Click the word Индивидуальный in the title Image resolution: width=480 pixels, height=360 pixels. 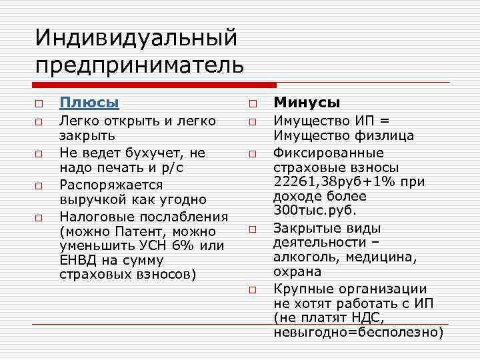(136, 37)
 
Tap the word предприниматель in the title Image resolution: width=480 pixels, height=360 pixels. (140, 66)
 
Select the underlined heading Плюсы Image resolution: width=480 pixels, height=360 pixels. (89, 103)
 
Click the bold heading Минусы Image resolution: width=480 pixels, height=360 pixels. (307, 103)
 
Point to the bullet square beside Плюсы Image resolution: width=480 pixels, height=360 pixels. (40, 104)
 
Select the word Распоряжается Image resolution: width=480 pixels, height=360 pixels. (111, 184)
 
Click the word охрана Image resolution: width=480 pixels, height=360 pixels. (297, 272)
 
